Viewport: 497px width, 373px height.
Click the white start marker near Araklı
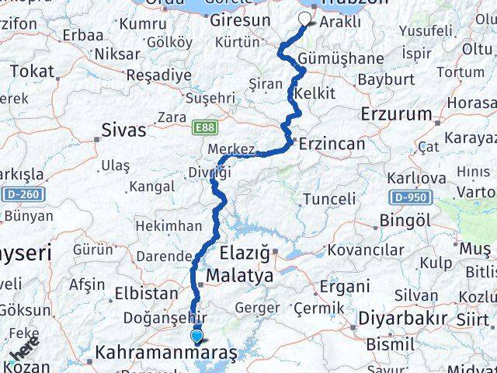tap(306, 21)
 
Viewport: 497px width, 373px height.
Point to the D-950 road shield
tap(408, 197)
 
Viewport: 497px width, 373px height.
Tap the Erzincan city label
tap(331, 144)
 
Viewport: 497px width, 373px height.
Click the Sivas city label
tap(123, 131)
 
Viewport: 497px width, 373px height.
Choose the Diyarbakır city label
tap(402, 318)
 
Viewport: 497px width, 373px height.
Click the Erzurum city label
tap(396, 113)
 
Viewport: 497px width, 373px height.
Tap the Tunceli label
tap(328, 199)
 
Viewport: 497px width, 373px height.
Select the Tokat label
tap(33, 71)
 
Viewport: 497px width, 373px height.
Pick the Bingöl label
tap(408, 221)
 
